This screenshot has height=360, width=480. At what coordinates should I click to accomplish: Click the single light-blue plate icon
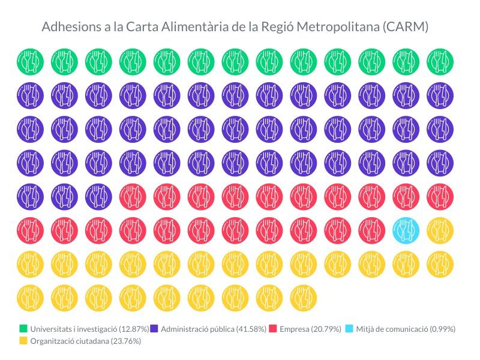[406, 230]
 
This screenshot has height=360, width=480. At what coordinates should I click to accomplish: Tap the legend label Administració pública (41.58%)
[214, 329]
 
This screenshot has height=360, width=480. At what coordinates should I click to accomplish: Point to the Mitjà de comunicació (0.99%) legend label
[406, 329]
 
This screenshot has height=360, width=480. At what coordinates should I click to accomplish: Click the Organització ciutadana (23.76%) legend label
[85, 341]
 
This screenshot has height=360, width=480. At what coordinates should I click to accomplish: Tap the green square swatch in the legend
[23, 329]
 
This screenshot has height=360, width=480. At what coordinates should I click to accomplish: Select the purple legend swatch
[154, 329]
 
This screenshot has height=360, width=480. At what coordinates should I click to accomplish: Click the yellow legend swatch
[23, 341]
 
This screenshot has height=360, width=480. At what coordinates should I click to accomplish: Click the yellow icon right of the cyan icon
[440, 230]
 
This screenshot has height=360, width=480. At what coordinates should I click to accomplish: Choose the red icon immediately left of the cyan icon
[372, 230]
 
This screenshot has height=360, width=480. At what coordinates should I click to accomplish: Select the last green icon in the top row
[440, 61]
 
